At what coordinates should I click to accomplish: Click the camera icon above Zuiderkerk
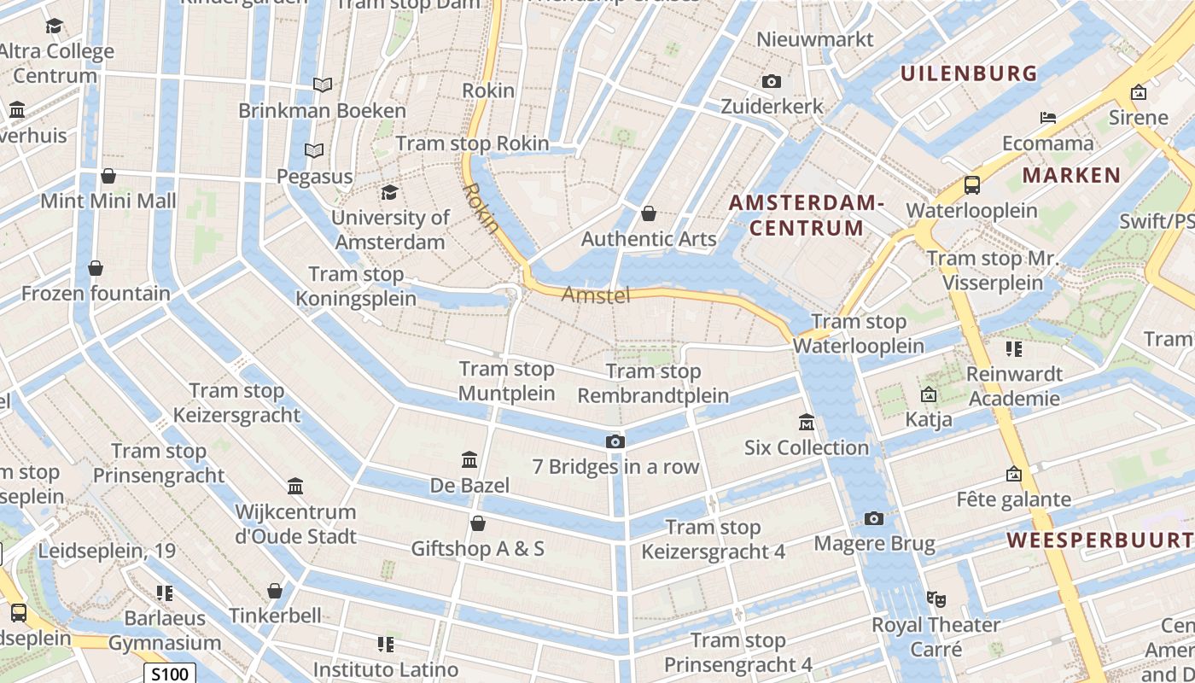[772, 82]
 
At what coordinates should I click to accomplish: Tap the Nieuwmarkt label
[815, 39]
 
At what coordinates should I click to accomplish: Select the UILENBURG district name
[969, 73]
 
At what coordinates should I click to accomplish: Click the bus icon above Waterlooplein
[971, 184]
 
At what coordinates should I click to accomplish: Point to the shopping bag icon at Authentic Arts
[649, 213]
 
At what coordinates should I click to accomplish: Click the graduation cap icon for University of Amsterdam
[390, 192]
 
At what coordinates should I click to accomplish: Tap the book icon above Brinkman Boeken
[322, 85]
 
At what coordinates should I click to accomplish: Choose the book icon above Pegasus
[314, 151]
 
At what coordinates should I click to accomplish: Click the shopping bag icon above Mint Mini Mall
[108, 176]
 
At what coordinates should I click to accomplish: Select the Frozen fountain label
[96, 294]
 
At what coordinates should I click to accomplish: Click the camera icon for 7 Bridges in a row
[615, 441]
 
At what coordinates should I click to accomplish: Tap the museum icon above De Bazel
[469, 460]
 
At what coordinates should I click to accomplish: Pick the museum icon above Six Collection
[807, 422]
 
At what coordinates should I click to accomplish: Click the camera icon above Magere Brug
[874, 518]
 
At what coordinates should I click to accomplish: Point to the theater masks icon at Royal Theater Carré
[936, 599]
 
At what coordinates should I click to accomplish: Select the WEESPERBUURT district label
[1099, 540]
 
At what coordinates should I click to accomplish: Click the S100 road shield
[170, 674]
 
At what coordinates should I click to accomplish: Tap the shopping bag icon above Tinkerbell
[275, 591]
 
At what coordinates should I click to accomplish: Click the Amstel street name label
[596, 295]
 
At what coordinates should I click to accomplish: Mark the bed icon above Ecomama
[1048, 118]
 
